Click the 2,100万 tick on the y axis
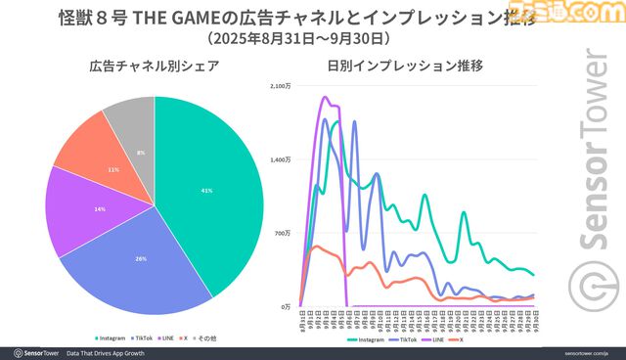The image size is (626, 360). pyautogui.click(x=282, y=87)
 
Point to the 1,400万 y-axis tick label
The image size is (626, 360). pyautogui.click(x=282, y=159)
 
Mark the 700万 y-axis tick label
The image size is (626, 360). pyautogui.click(x=284, y=233)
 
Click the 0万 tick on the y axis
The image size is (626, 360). pyautogui.click(x=287, y=306)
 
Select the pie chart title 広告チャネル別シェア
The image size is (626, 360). pyautogui.click(x=154, y=67)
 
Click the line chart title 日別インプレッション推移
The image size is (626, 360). pyautogui.click(x=409, y=67)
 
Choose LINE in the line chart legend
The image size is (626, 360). pyautogui.click(x=443, y=339)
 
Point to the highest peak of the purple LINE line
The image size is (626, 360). pyautogui.click(x=324, y=97)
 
